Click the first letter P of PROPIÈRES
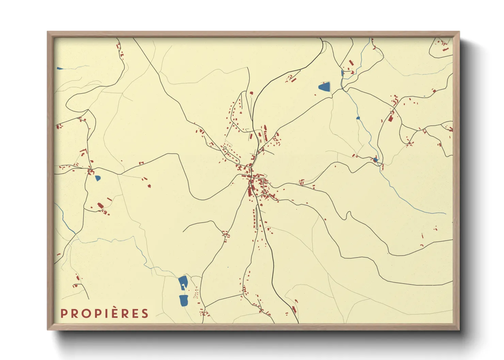tap(63, 313)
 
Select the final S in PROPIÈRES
tap(145, 313)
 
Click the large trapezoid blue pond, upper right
tap(325, 87)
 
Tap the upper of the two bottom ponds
tap(183, 282)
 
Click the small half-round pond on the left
tap(98, 178)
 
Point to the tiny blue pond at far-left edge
tap(60, 68)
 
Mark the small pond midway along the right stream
tap(358, 118)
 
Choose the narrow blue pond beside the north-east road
tap(342, 73)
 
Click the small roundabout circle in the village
tap(225, 148)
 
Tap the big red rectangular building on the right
tap(391, 118)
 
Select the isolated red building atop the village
tap(252, 93)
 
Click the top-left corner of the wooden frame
tap(48, 32)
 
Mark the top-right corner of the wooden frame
tap(459, 32)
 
